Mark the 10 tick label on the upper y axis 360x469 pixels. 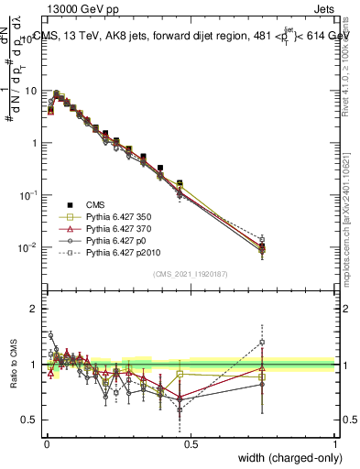coord(30,91)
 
